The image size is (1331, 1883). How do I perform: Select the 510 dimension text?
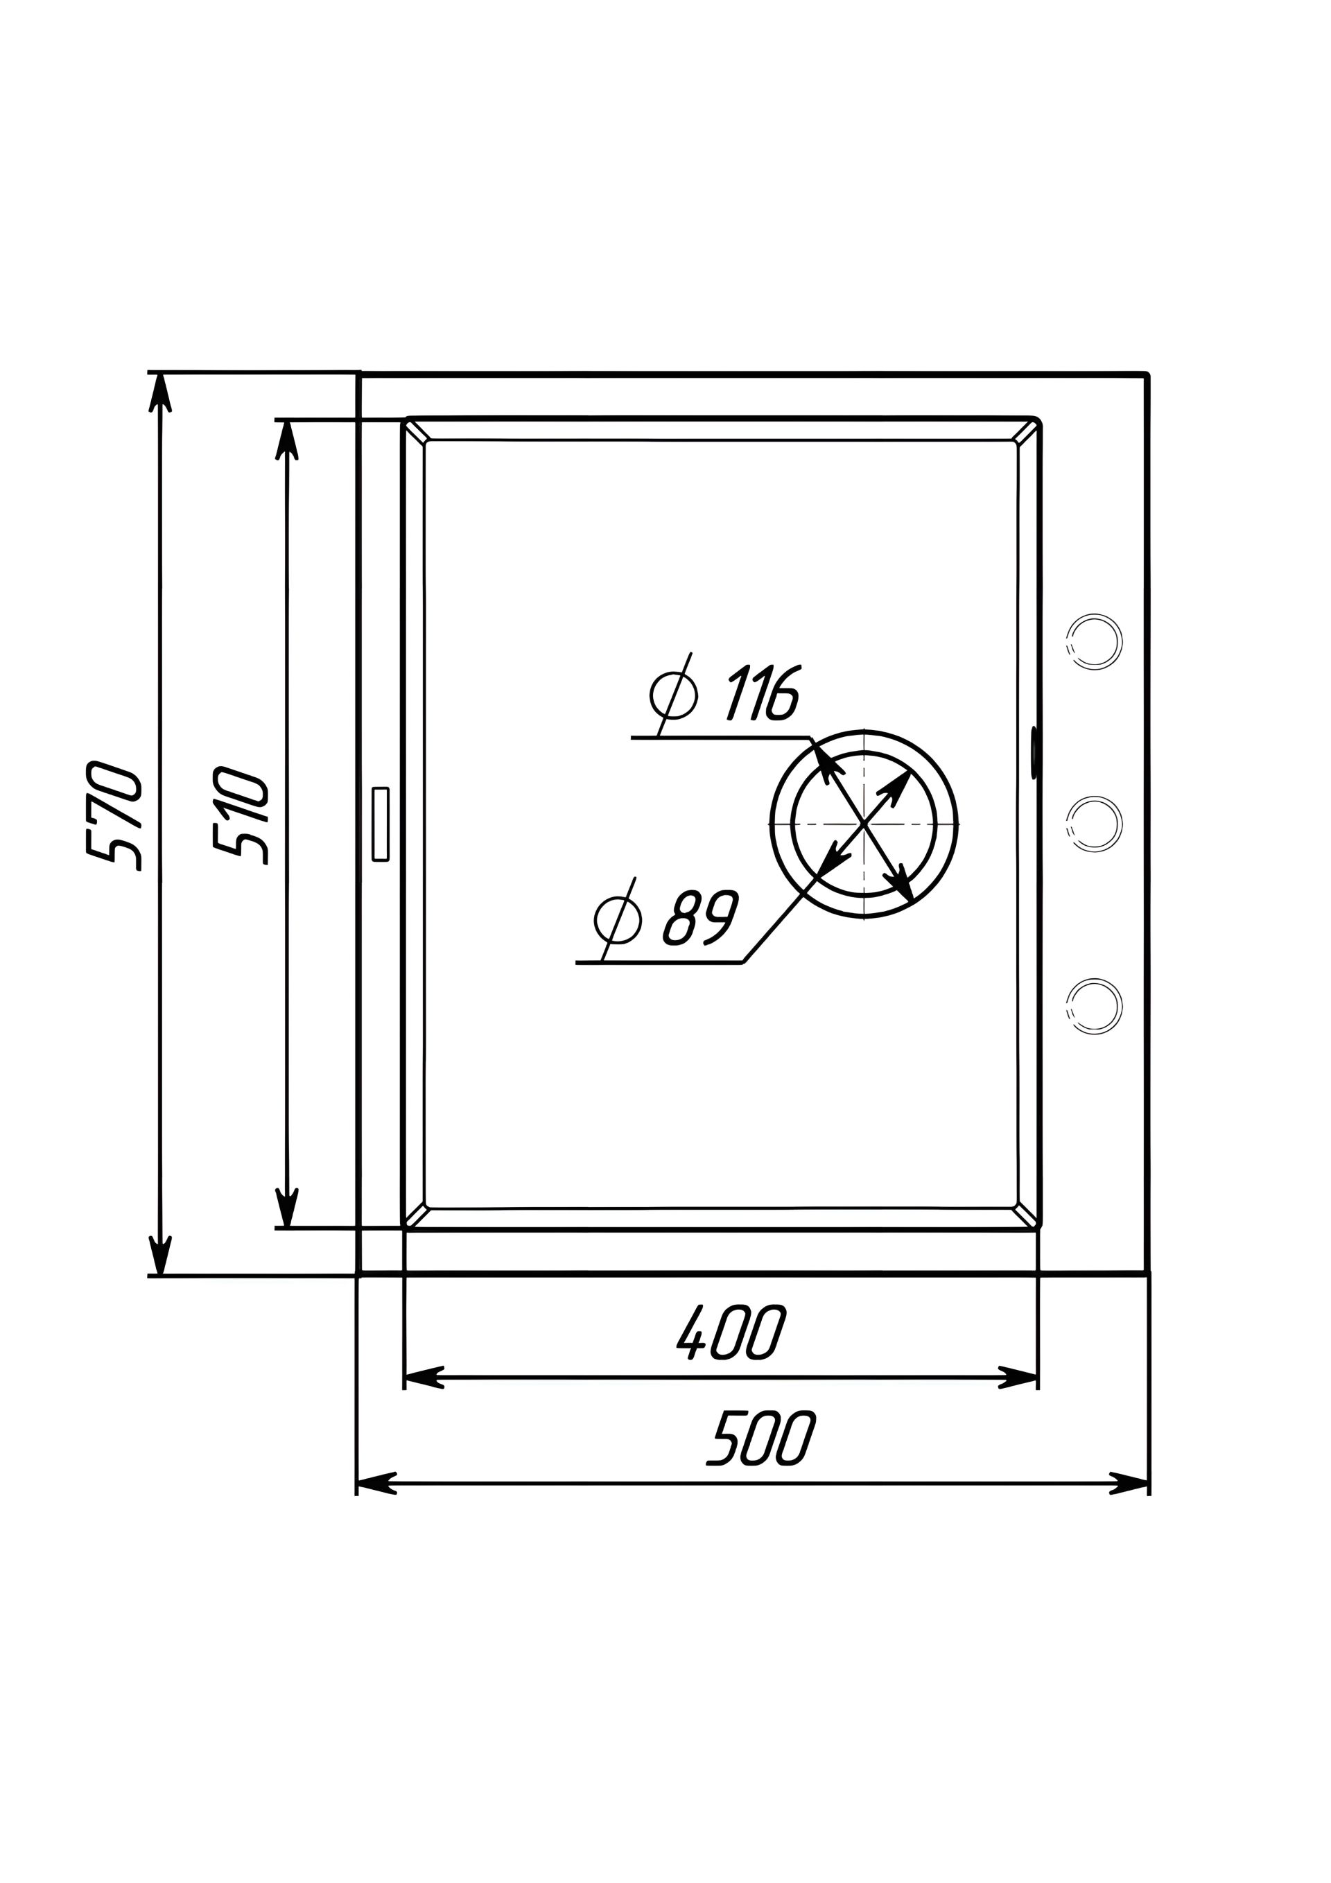tap(241, 813)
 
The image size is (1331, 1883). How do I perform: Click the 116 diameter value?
tap(763, 693)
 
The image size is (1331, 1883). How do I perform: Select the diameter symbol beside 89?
tap(618, 919)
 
